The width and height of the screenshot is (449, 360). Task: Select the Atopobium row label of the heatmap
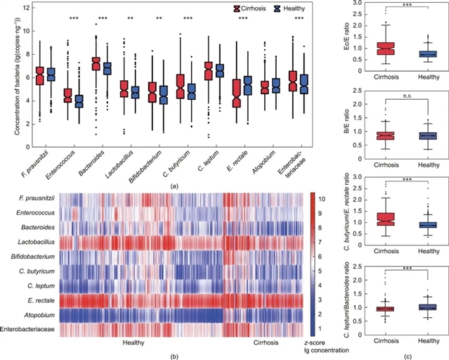coord(41,313)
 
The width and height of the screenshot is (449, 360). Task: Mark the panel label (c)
coord(408,356)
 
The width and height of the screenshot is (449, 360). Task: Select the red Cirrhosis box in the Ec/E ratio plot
coord(384,49)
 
